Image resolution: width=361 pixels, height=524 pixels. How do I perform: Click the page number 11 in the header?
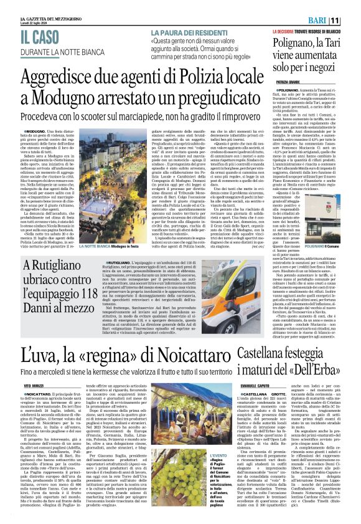(352, 21)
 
